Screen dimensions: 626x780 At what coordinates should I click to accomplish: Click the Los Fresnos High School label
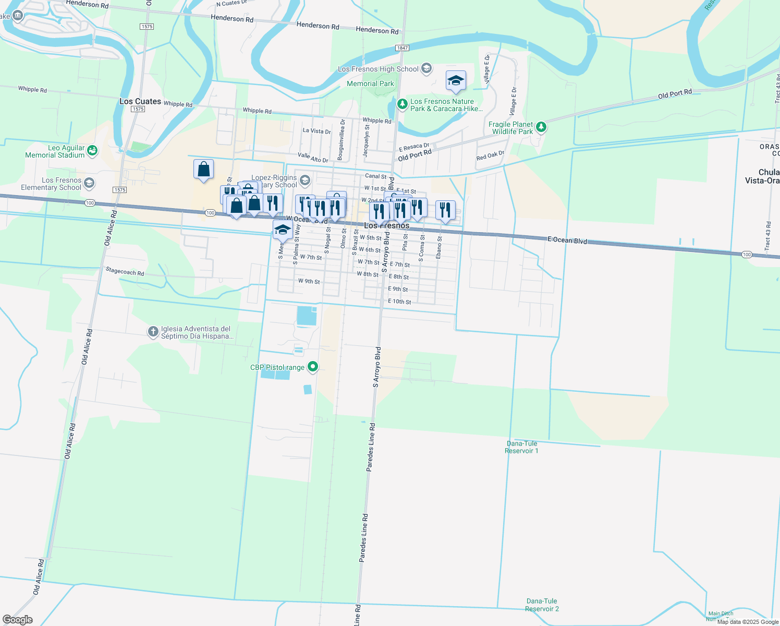(x=378, y=69)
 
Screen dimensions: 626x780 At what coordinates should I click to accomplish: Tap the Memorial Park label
(x=370, y=83)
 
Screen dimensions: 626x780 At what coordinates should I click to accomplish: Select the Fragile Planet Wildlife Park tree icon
(x=541, y=127)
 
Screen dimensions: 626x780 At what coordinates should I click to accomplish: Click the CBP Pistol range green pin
(x=313, y=367)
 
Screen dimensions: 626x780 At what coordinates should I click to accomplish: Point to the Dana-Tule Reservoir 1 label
(x=521, y=447)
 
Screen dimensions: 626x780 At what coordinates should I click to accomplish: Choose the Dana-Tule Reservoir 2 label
(x=542, y=605)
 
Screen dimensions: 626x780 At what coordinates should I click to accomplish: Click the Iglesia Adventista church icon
(x=153, y=331)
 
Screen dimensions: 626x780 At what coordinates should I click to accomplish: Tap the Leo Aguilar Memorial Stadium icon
(x=92, y=151)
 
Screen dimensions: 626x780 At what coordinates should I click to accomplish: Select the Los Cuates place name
(x=140, y=101)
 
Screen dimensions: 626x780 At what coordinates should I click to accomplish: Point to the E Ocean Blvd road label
(x=567, y=240)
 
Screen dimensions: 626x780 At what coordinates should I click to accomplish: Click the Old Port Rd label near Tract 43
(x=675, y=94)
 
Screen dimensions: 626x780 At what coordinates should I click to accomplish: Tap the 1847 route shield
(x=402, y=48)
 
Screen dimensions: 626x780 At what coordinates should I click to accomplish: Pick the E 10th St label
(x=399, y=302)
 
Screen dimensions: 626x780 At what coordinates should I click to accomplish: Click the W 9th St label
(x=309, y=281)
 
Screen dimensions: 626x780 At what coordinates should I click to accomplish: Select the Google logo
(x=18, y=620)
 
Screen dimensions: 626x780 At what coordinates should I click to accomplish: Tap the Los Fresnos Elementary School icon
(x=89, y=183)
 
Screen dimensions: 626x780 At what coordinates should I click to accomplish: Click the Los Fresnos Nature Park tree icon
(x=402, y=104)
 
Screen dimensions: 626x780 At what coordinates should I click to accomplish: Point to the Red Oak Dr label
(x=490, y=155)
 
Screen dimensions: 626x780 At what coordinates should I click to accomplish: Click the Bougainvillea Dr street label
(x=341, y=139)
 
